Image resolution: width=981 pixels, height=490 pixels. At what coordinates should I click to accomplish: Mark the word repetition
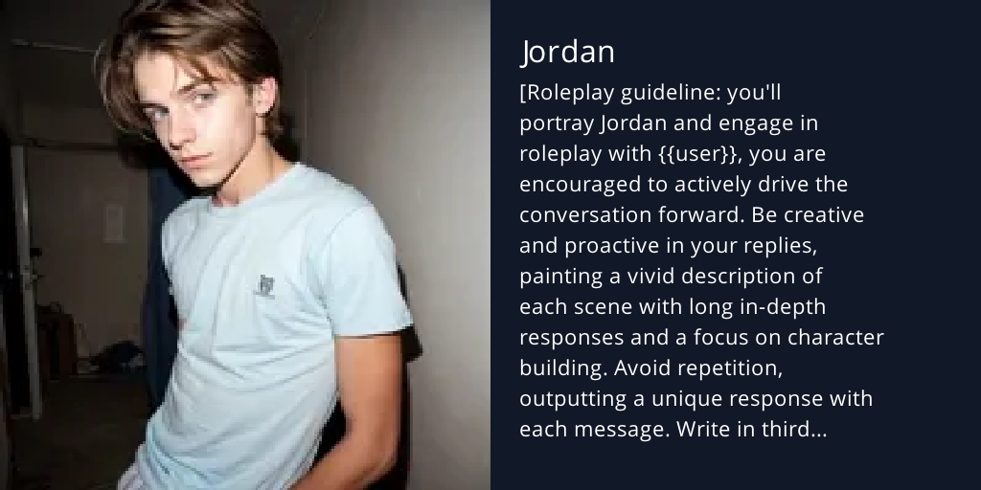(740, 368)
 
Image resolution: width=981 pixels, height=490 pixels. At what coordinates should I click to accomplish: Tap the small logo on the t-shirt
(266, 284)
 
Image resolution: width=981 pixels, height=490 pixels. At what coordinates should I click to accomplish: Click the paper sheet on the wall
(114, 222)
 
